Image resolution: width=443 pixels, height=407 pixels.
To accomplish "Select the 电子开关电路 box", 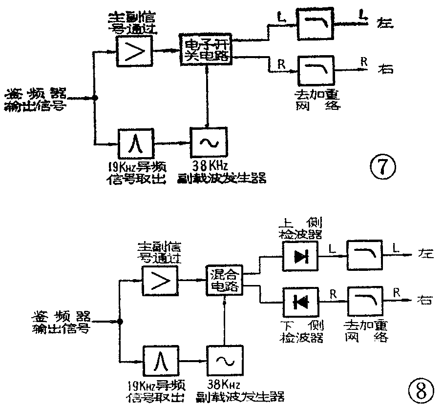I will click(x=207, y=50).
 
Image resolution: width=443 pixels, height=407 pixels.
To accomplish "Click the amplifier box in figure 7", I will click(x=135, y=50).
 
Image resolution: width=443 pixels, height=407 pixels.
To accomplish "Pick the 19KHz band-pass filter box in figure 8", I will click(x=159, y=360).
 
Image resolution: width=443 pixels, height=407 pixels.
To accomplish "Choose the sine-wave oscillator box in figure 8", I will click(x=224, y=361).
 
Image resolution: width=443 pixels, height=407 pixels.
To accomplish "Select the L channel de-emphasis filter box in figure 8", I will click(x=363, y=257).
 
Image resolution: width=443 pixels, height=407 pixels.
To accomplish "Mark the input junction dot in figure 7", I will click(x=96, y=98).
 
